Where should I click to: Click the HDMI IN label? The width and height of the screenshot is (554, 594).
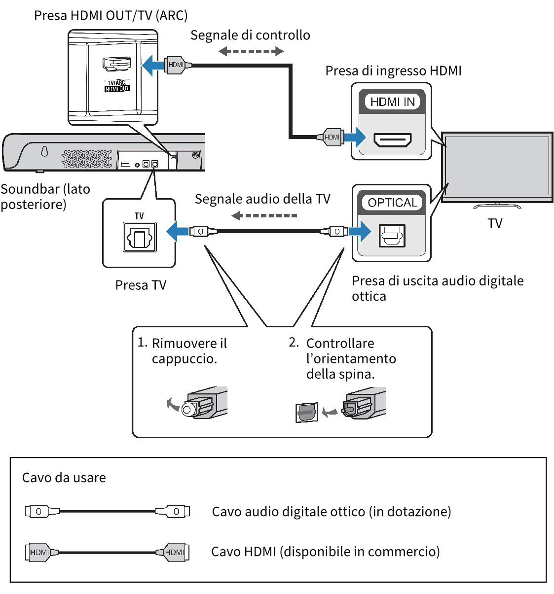(x=392, y=102)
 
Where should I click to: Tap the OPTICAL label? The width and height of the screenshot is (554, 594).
(x=393, y=203)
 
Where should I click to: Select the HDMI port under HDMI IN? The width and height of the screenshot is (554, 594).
(x=393, y=140)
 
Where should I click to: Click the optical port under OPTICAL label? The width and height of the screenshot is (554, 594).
(x=392, y=236)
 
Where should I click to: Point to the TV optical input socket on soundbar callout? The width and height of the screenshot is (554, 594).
(x=140, y=237)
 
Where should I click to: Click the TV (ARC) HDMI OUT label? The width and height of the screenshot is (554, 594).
(x=117, y=86)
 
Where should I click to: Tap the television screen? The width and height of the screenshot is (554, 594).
(x=497, y=166)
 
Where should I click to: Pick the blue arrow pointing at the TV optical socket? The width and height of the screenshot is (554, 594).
(x=177, y=231)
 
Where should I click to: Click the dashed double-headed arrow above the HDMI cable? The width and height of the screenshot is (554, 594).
(x=251, y=51)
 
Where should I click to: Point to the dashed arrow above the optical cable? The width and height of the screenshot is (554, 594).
(x=264, y=215)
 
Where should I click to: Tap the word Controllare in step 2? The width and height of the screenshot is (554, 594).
(x=340, y=343)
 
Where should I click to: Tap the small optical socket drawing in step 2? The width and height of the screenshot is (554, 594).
(x=307, y=412)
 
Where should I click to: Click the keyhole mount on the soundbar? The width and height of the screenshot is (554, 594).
(x=44, y=151)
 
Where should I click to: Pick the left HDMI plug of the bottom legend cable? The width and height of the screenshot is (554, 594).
(x=39, y=552)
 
